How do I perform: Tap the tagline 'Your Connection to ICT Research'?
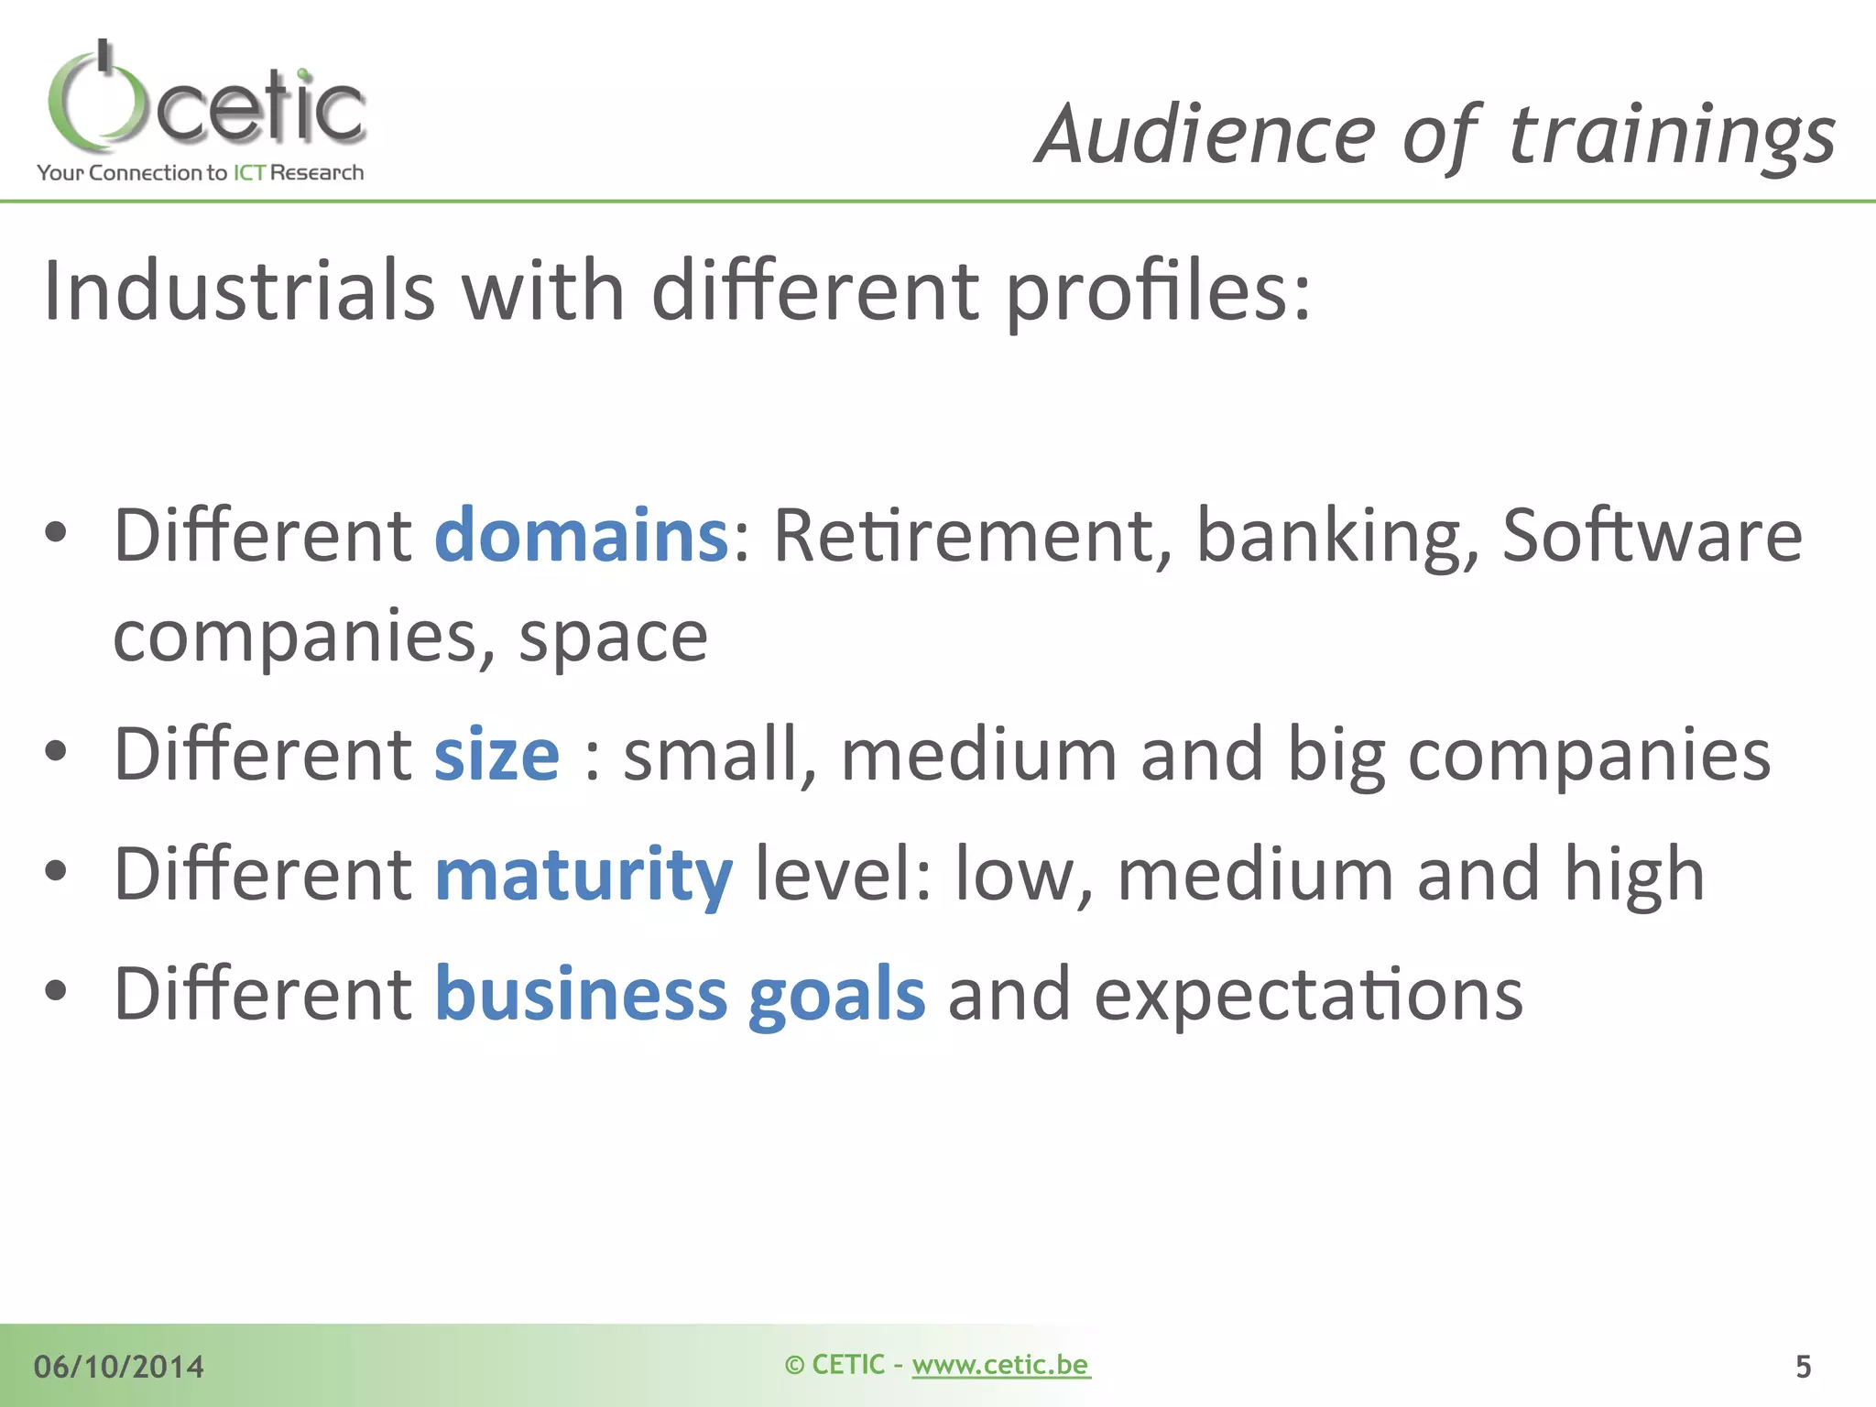[x=200, y=173]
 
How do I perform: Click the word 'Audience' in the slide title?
[x=1205, y=136]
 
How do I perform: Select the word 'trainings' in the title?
[x=1671, y=136]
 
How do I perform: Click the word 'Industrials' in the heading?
[x=239, y=291]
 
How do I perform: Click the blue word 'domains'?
[x=581, y=535]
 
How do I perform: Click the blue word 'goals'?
[x=836, y=995]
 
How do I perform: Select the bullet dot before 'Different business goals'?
[x=56, y=991]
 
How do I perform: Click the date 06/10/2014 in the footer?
[x=119, y=1367]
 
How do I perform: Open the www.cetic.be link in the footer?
[x=1000, y=1365]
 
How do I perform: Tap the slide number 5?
[x=1803, y=1367]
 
